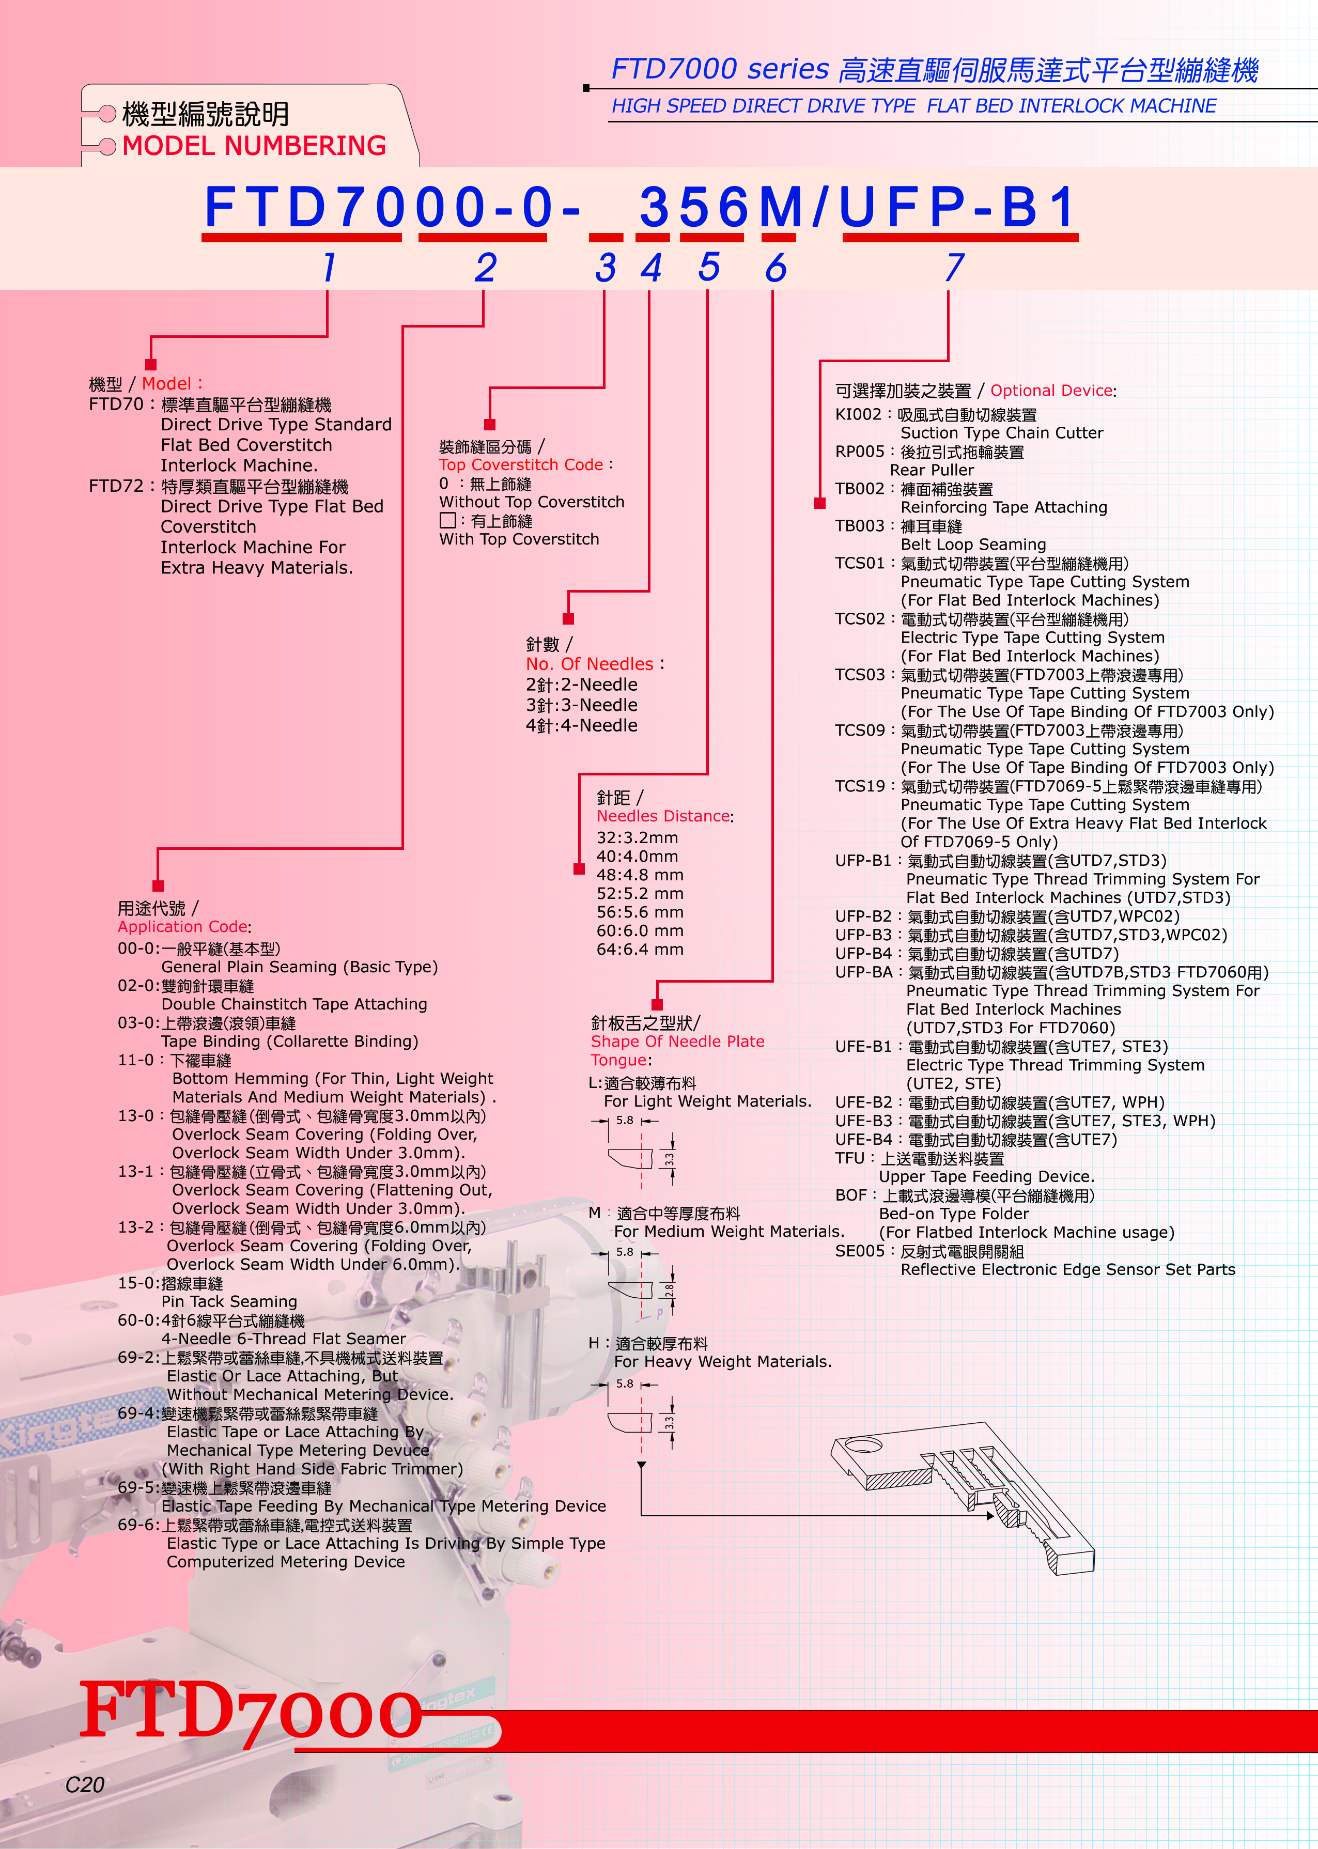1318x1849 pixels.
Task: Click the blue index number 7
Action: point(954,267)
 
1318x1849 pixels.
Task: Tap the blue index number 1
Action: point(329,267)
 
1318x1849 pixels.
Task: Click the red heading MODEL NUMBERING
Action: point(254,146)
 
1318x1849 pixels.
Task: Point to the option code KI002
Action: point(858,414)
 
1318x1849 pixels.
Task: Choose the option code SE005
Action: point(859,1251)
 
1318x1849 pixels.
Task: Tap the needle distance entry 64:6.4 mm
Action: point(640,949)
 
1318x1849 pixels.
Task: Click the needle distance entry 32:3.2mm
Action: point(637,837)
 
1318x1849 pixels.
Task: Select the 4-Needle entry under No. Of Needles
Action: point(581,725)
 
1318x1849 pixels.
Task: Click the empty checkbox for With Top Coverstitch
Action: point(447,520)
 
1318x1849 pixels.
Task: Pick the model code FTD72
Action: point(115,486)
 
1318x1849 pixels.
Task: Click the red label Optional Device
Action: point(1051,390)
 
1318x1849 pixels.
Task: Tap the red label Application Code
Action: point(182,926)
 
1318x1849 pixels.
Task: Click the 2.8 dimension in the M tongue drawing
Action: point(669,1289)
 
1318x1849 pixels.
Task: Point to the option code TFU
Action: point(850,1158)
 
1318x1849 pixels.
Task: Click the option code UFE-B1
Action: point(863,1047)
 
